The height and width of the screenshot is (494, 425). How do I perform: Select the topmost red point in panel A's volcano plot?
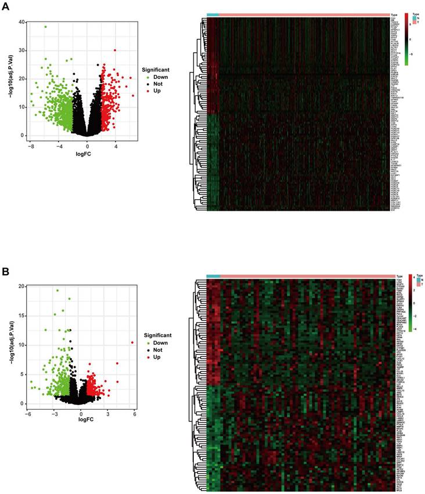point(116,51)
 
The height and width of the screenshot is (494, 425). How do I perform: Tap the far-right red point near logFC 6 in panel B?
point(133,342)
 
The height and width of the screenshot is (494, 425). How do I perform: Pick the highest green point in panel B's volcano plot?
point(57,290)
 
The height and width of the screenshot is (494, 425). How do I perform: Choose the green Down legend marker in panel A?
point(149,77)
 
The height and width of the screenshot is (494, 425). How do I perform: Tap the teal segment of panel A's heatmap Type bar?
point(212,15)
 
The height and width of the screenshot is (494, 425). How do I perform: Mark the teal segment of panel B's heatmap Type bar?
point(213,276)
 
